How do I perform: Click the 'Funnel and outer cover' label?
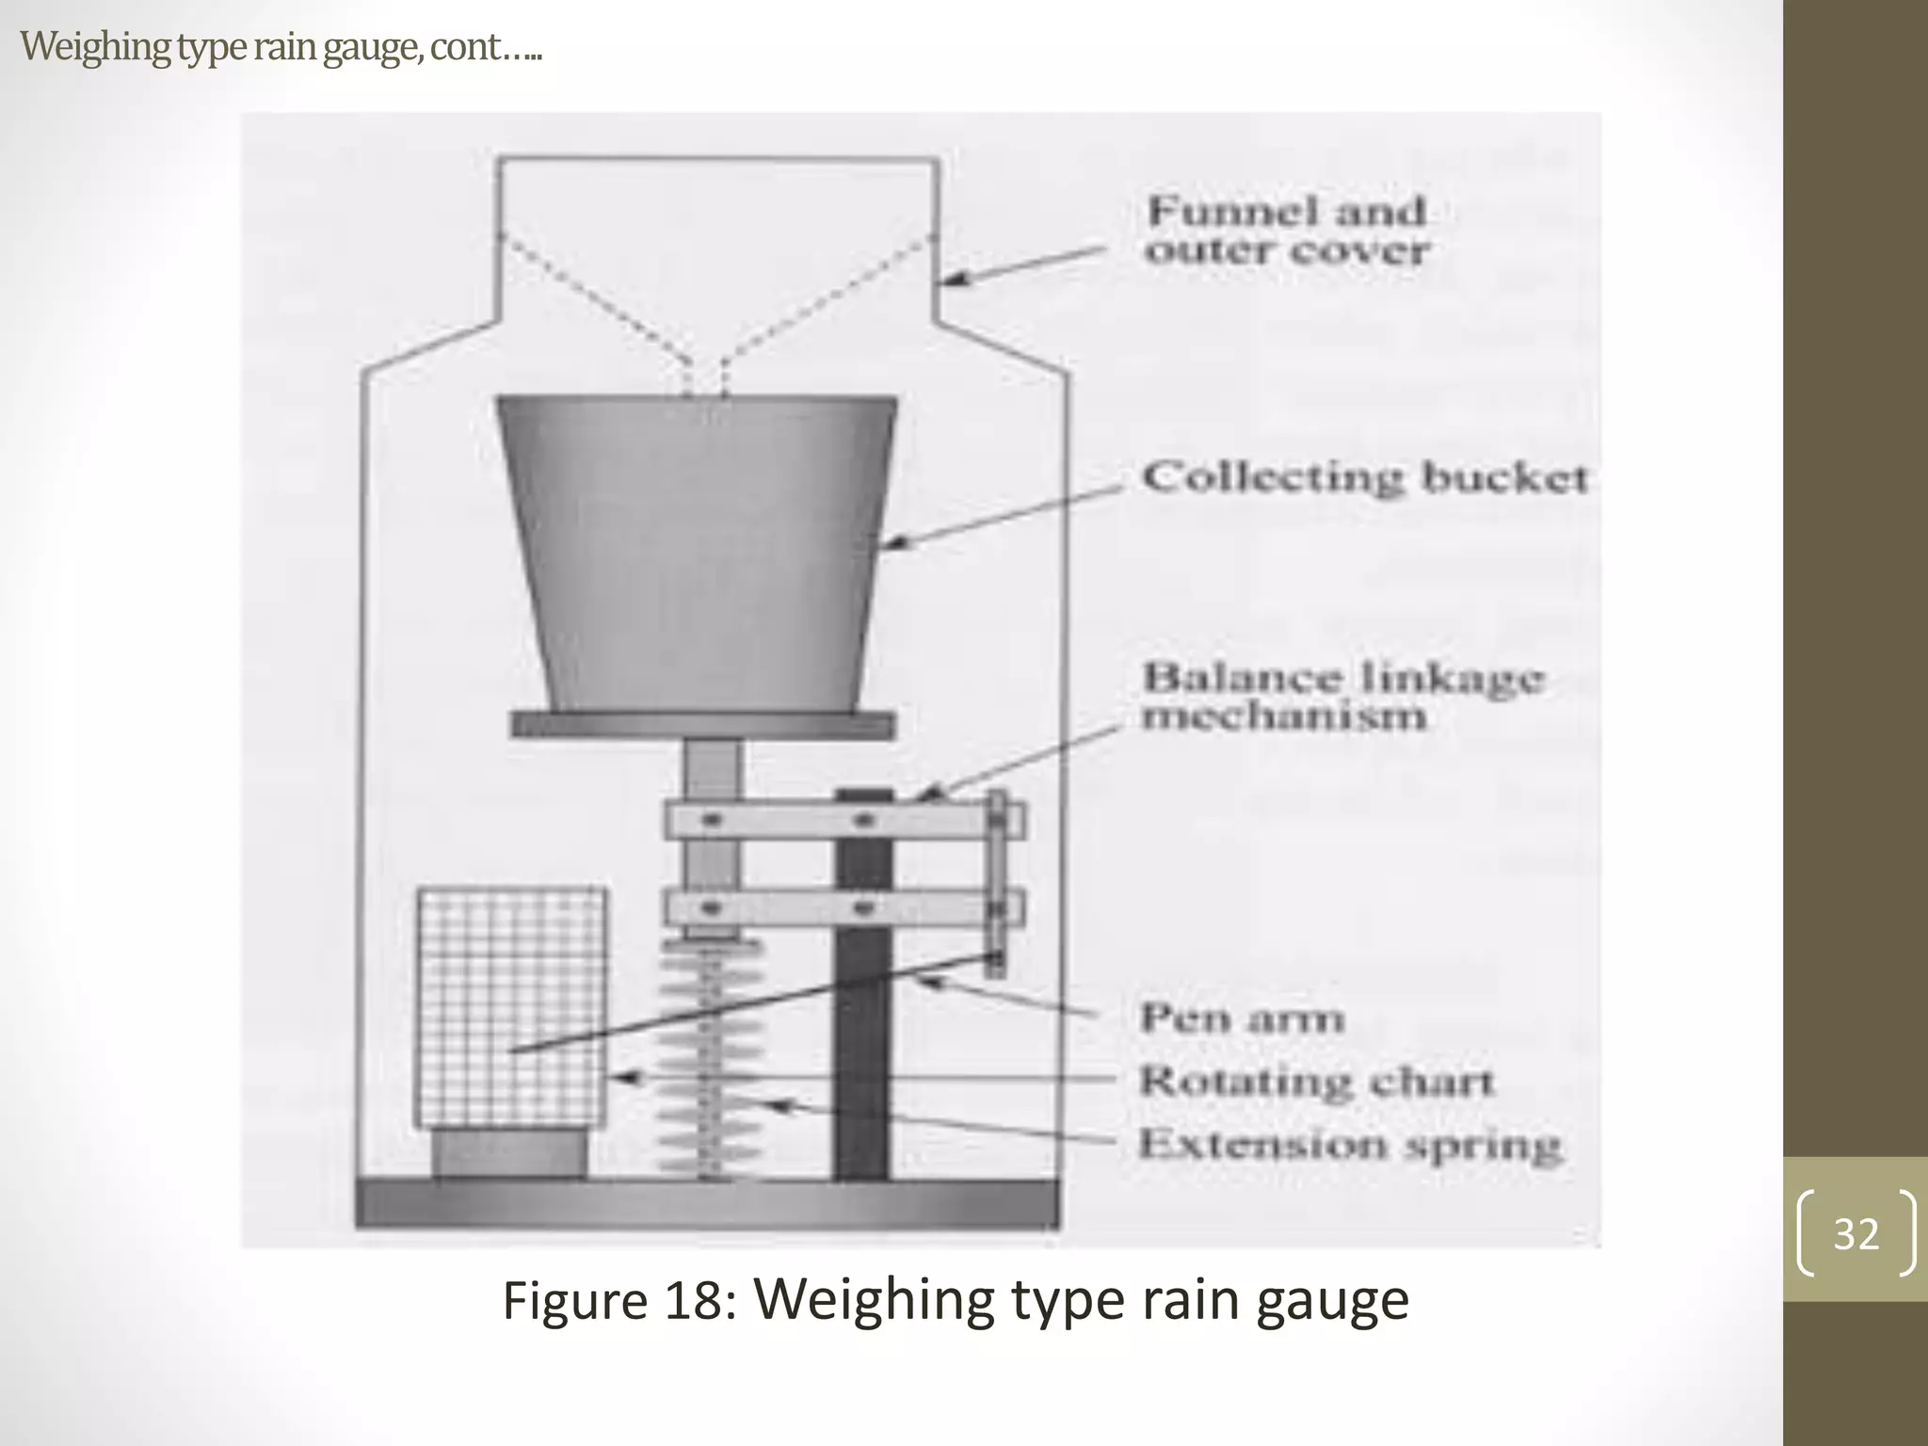click(1286, 231)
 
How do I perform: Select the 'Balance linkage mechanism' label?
click(1342, 697)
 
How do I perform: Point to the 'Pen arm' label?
click(1242, 1019)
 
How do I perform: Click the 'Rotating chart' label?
click(1316, 1082)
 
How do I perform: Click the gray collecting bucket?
click(697, 555)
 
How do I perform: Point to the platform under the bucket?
click(702, 725)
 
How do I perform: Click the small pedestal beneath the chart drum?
click(509, 1152)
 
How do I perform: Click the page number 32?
click(1856, 1233)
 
